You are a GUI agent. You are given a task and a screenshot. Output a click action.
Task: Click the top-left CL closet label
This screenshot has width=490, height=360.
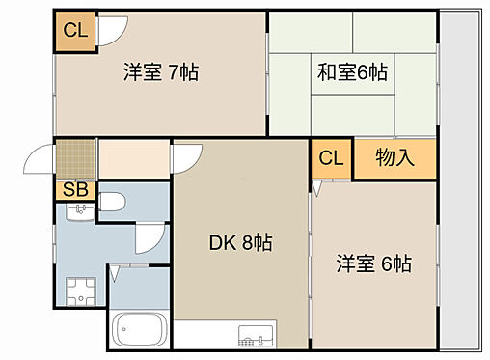coord(74,29)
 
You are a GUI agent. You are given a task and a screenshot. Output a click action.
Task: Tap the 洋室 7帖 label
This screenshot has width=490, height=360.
coord(159,71)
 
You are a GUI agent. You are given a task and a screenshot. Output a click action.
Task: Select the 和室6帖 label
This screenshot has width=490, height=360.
coord(353,71)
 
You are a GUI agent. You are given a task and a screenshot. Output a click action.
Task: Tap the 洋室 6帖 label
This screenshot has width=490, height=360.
coord(373,263)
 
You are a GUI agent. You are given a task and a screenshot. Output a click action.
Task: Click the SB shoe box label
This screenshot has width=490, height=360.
coord(74,189)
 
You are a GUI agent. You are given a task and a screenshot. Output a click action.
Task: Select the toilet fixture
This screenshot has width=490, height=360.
coord(110,204)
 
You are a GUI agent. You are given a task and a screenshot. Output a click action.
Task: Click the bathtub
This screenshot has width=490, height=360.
coord(140,331)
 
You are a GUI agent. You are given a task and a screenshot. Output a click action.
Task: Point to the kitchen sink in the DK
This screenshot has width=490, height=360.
coord(255,338)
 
